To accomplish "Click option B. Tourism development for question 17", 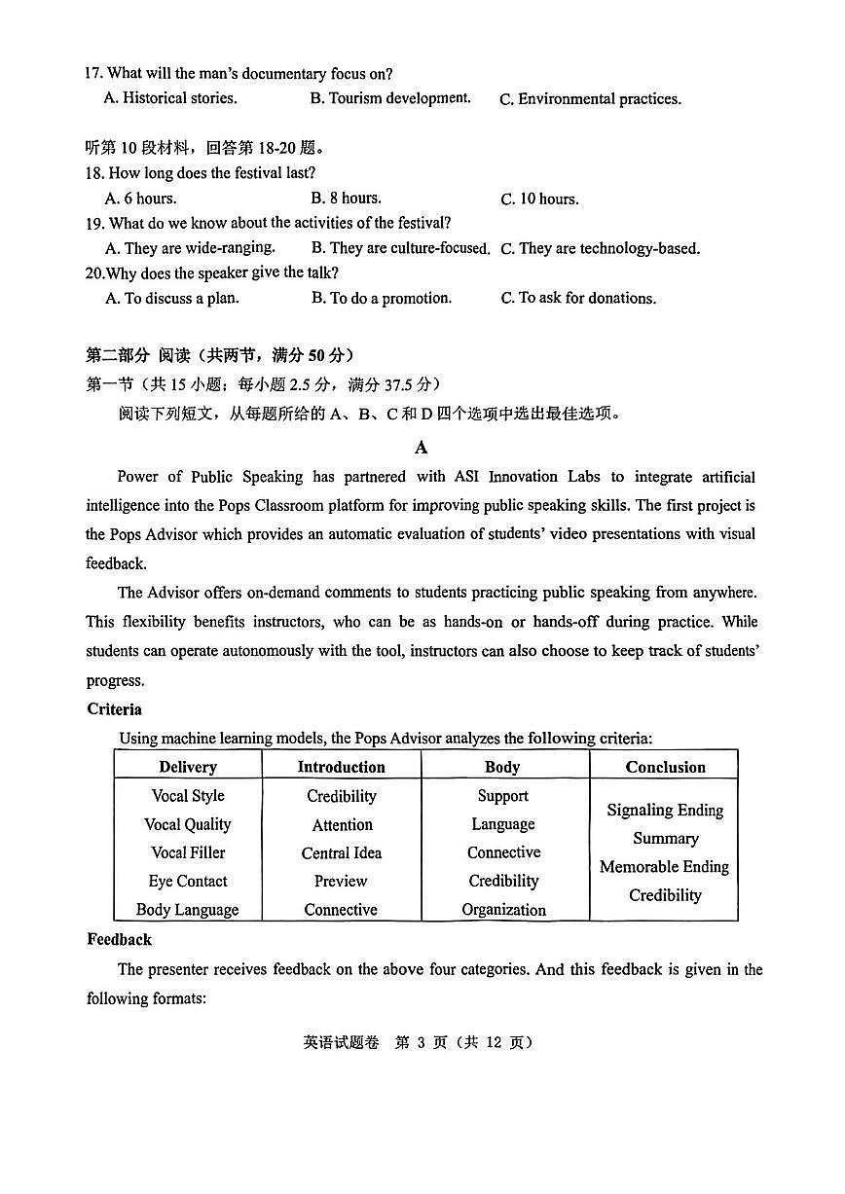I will point(389,98).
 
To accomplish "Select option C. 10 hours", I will point(539,199).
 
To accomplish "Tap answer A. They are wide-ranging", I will point(190,248).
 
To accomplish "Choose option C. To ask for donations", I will point(578,299).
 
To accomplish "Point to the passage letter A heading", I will point(421,448).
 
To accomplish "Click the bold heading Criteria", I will point(114,709).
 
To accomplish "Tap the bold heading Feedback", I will point(119,940).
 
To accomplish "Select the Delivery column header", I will point(188,767).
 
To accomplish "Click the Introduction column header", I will point(341,767).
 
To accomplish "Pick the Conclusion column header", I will point(665,767).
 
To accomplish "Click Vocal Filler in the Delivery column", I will point(188,852).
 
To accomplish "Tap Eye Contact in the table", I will point(188,882).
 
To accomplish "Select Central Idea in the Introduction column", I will point(341,853).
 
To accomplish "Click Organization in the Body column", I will point(503,910).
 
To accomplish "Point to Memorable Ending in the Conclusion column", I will point(664,867).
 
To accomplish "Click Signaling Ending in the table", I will point(664,810).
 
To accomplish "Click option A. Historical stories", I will point(170,98).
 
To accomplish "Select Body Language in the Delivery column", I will point(188,910).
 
